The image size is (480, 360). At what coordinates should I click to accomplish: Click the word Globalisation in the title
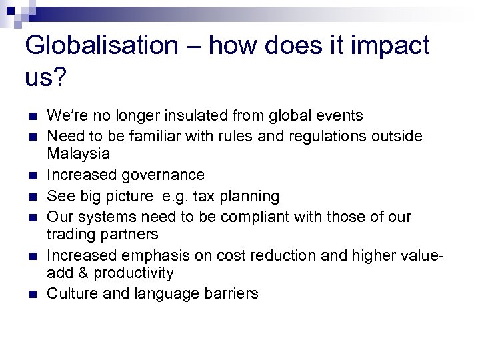101,46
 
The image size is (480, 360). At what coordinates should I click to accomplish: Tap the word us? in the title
45,77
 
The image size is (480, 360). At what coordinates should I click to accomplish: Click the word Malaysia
79,154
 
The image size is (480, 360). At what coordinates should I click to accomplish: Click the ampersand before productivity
83,273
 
